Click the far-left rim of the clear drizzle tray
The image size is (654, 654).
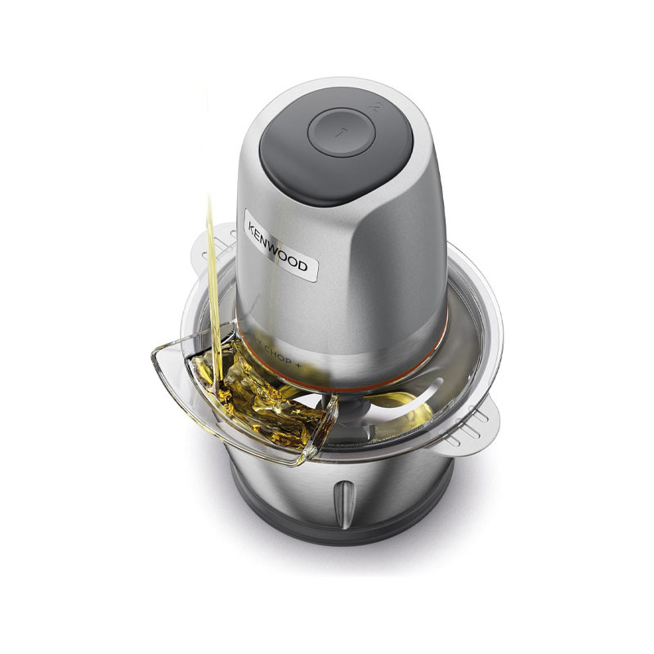(x=155, y=356)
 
